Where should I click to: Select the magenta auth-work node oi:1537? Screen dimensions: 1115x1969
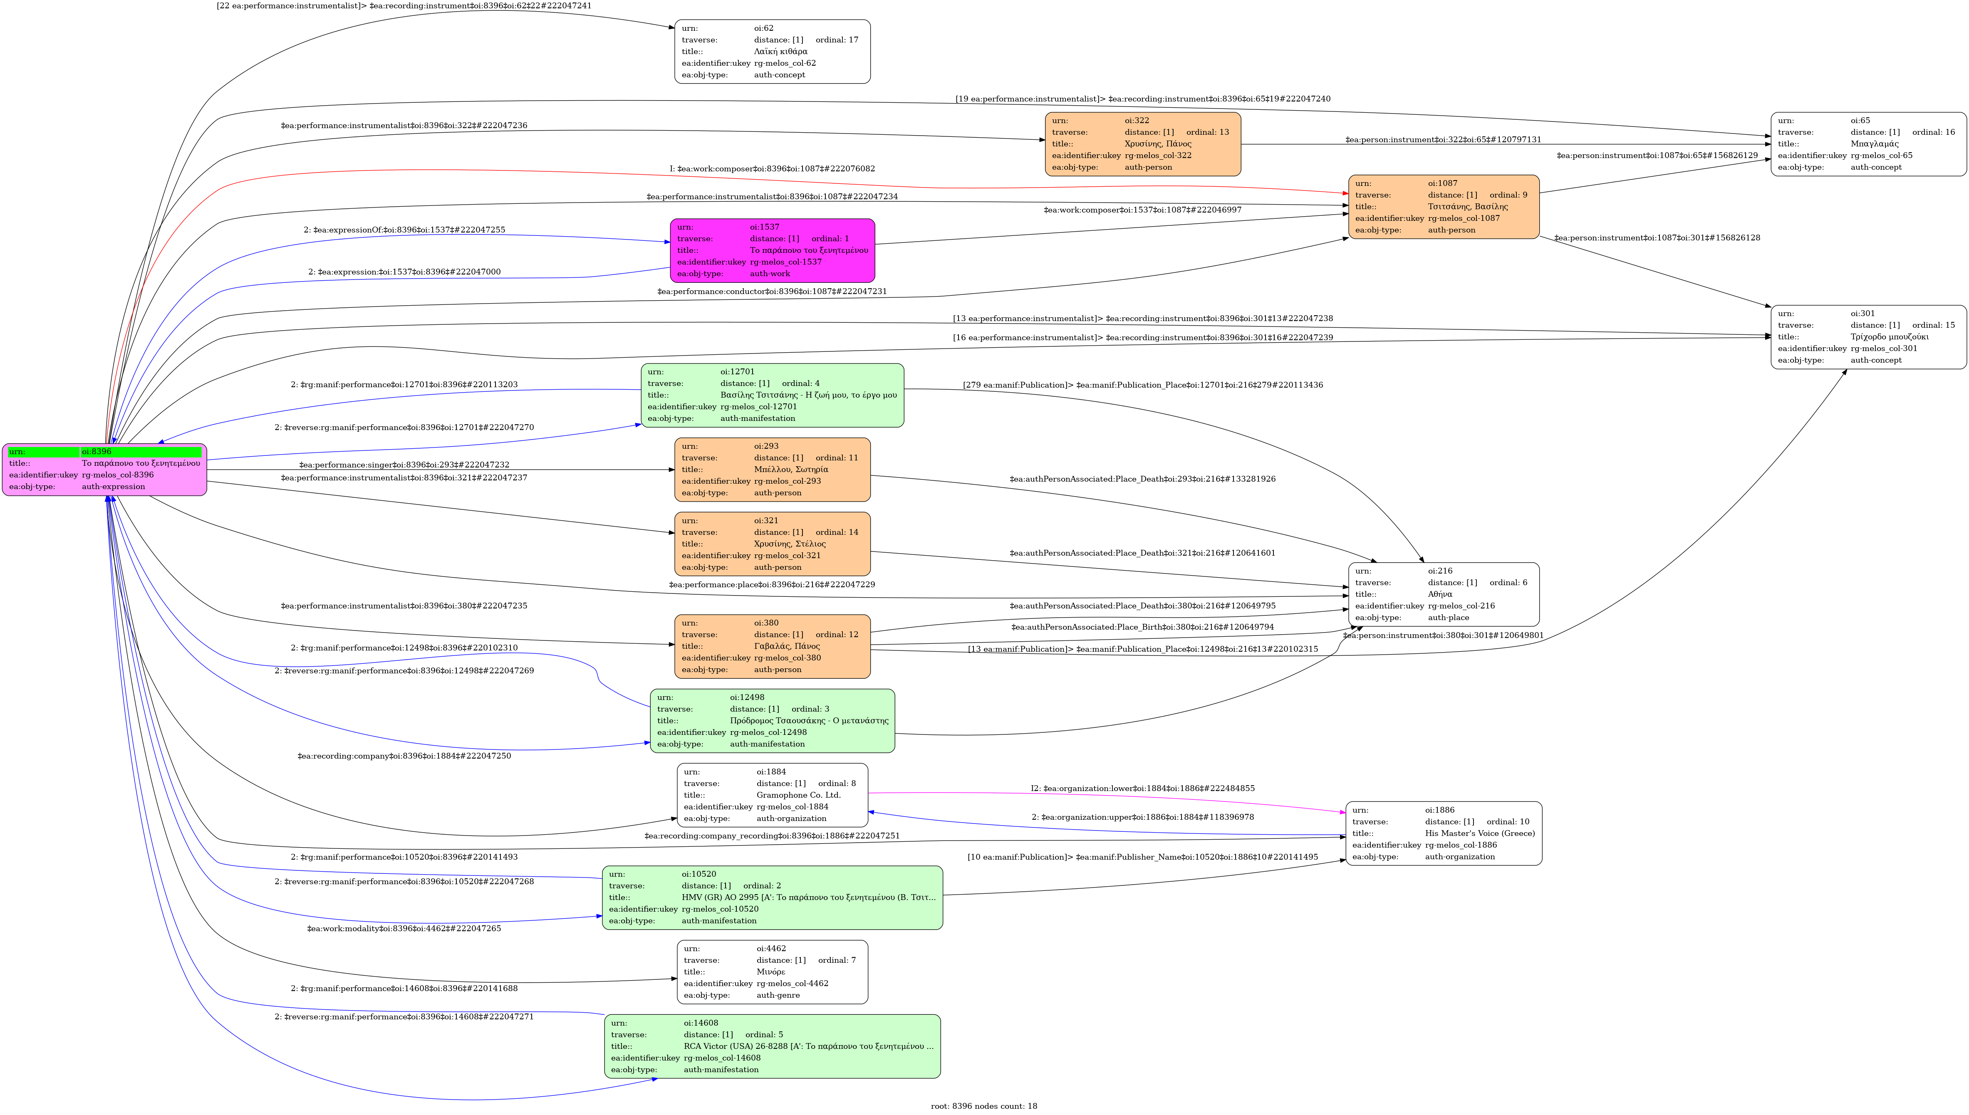click(772, 250)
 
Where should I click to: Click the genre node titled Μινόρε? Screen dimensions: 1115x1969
click(772, 972)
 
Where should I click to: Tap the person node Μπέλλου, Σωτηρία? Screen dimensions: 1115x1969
click(772, 470)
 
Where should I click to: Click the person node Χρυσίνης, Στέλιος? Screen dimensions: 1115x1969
click(772, 544)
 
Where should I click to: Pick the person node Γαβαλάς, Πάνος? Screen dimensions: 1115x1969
click(772, 646)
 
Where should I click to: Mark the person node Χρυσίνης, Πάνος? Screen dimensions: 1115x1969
click(1143, 144)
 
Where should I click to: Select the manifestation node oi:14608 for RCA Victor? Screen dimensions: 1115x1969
click(772, 1046)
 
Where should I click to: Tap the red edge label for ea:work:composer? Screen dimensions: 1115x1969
click(772, 168)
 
